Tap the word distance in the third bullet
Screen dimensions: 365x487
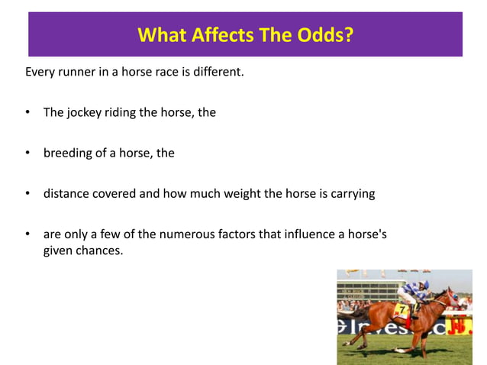click(x=67, y=193)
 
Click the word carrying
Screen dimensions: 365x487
click(x=352, y=193)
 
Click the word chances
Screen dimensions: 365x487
click(x=98, y=250)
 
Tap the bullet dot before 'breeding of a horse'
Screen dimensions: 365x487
click(x=27, y=153)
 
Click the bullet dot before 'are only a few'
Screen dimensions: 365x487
click(x=27, y=234)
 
